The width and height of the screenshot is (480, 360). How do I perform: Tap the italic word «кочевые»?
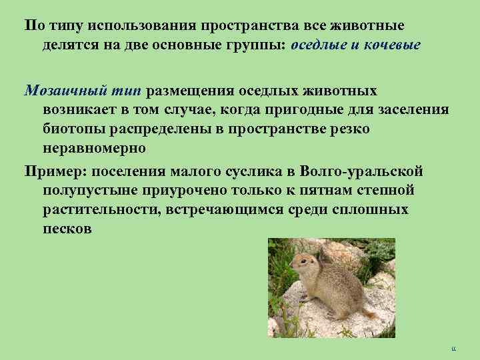click(389, 46)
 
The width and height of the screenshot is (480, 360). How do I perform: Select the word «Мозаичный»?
click(57, 91)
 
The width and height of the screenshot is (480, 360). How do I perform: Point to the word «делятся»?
click(68, 46)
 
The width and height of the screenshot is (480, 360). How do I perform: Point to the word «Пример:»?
click(53, 172)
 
